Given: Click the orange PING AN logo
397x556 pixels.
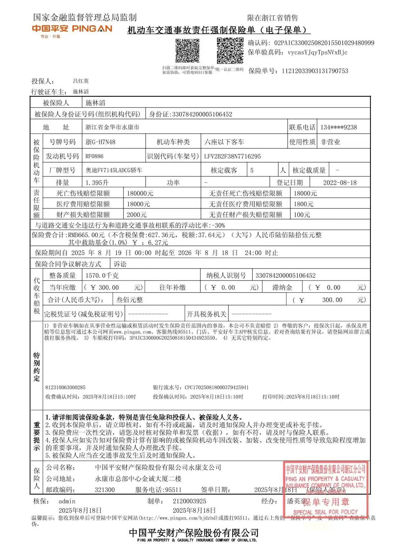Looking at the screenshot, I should [x=72, y=29].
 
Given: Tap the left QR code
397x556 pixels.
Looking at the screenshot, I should [x=187, y=51].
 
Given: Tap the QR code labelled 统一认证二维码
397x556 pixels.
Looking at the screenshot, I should [x=230, y=51].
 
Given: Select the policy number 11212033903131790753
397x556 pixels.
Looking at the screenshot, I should [x=315, y=71].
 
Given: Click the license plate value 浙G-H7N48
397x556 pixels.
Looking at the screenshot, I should [x=100, y=142].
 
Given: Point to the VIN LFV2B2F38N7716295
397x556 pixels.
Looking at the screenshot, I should [x=232, y=156].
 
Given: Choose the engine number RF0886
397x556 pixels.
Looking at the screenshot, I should [x=94, y=156].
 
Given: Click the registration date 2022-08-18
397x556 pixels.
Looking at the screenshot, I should [x=340, y=183].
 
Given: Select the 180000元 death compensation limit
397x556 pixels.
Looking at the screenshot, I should [x=140, y=194].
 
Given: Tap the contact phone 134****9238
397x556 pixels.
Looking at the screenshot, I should [x=339, y=127].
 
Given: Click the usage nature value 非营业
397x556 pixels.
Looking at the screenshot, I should [x=330, y=142].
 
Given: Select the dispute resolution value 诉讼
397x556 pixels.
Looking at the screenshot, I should [x=120, y=264].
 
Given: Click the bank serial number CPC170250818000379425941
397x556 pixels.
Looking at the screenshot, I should [x=216, y=387].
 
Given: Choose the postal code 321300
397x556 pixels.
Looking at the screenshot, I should [x=105, y=490].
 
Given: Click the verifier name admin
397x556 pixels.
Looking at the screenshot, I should [x=67, y=501].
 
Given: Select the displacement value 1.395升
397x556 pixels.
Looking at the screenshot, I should [x=97, y=183].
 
